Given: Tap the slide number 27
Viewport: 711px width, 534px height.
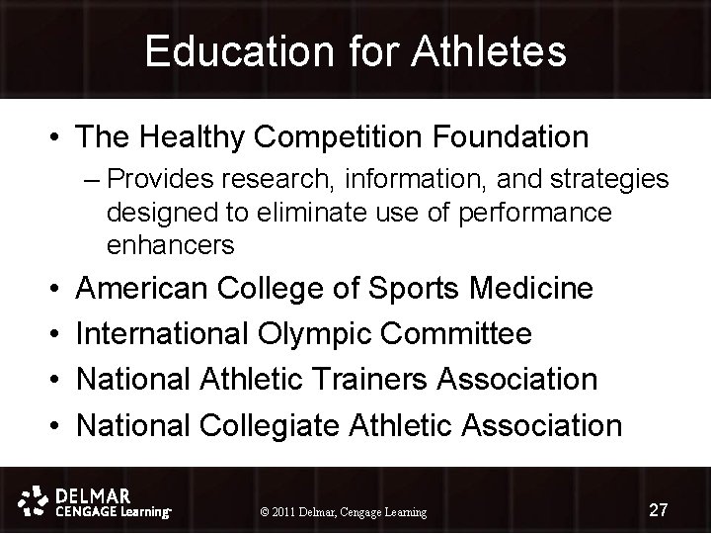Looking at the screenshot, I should click(x=659, y=510).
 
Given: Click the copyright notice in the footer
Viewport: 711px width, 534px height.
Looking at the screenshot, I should click(x=342, y=512).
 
